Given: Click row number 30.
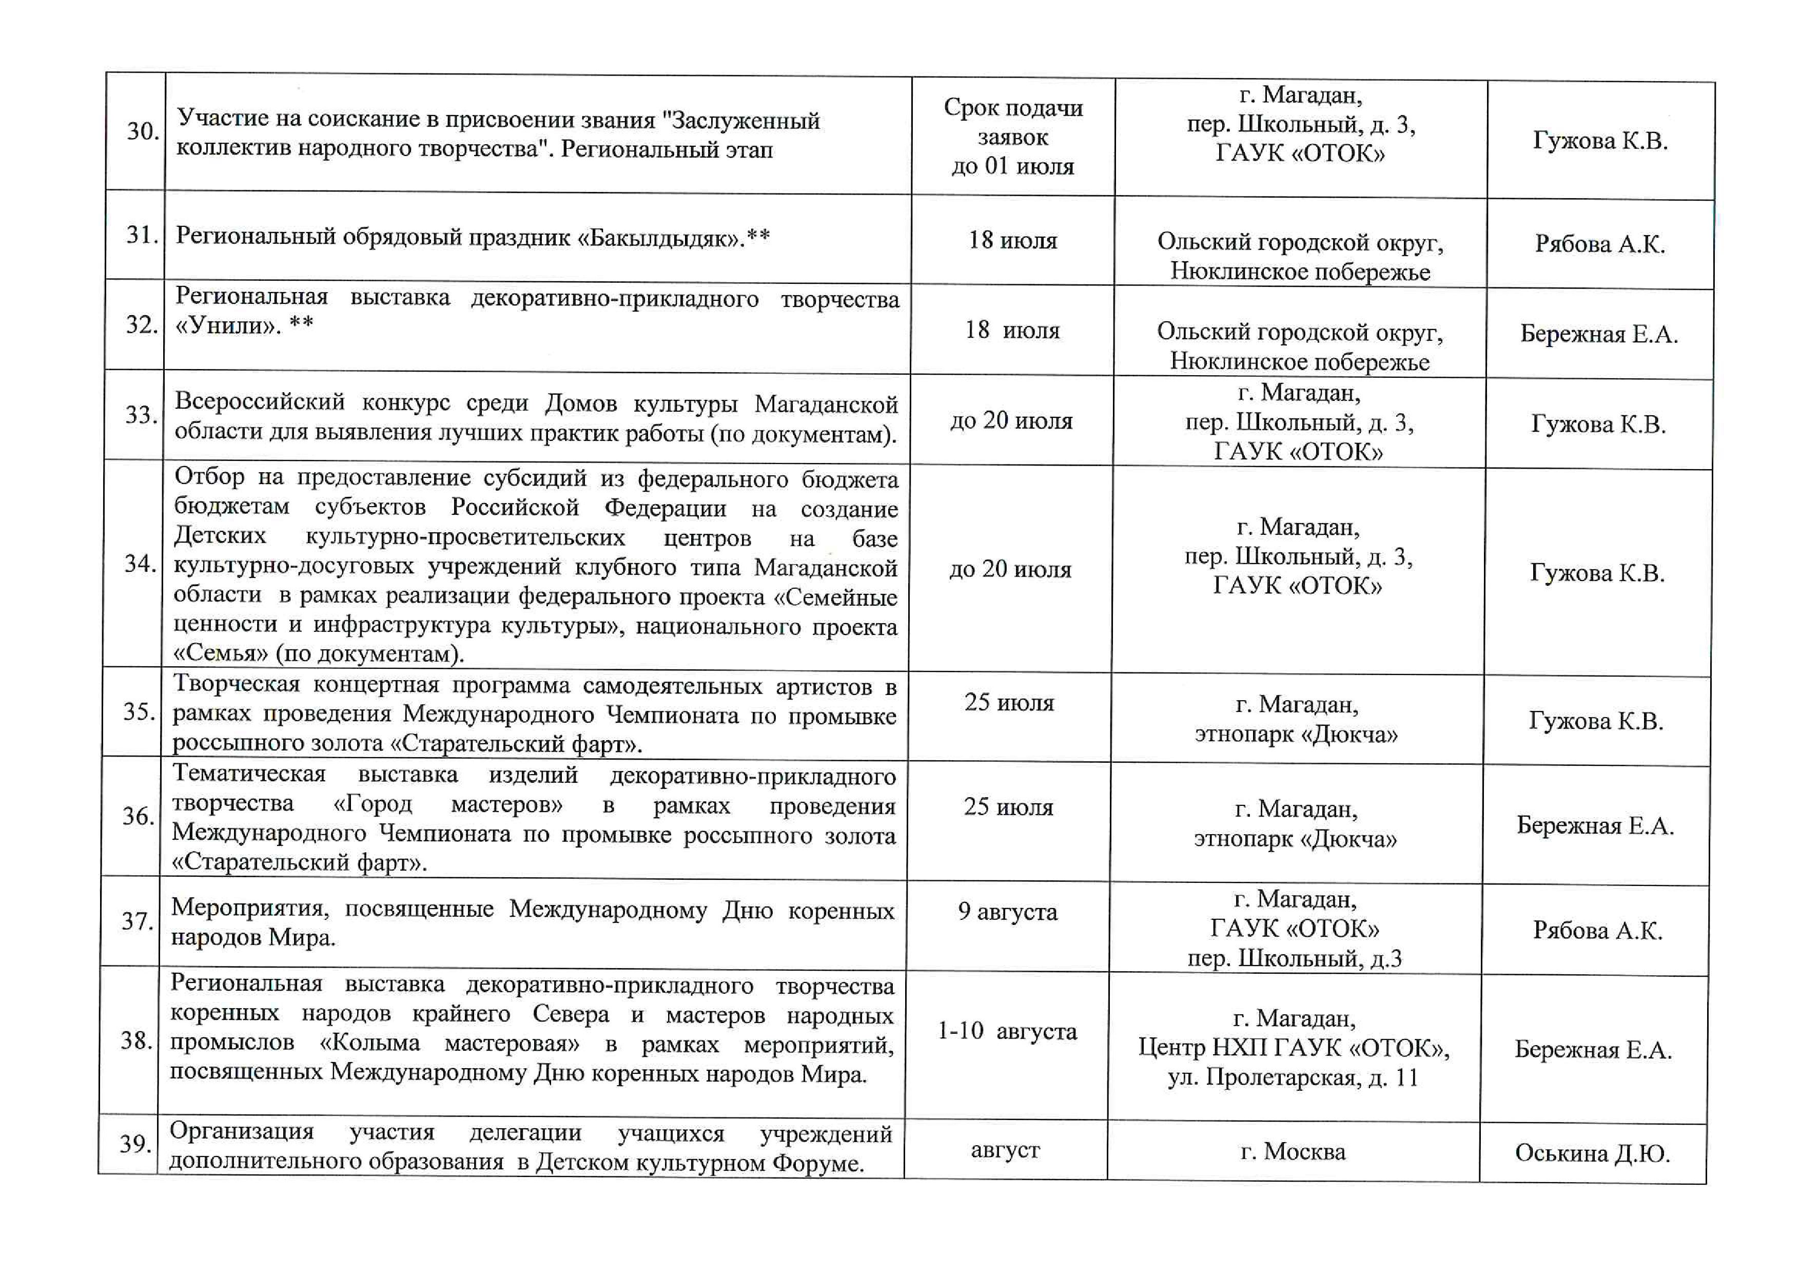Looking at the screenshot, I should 143,131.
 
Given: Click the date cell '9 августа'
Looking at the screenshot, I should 1007,912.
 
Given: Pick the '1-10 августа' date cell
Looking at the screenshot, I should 1007,1031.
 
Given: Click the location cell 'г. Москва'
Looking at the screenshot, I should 1293,1151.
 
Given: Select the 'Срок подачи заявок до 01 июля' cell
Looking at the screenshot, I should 1013,137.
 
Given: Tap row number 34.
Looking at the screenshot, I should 140,564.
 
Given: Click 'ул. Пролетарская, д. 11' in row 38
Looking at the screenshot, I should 1293,1078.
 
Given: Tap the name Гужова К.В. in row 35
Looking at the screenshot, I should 1595,721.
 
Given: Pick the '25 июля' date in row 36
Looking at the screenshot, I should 1008,807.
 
